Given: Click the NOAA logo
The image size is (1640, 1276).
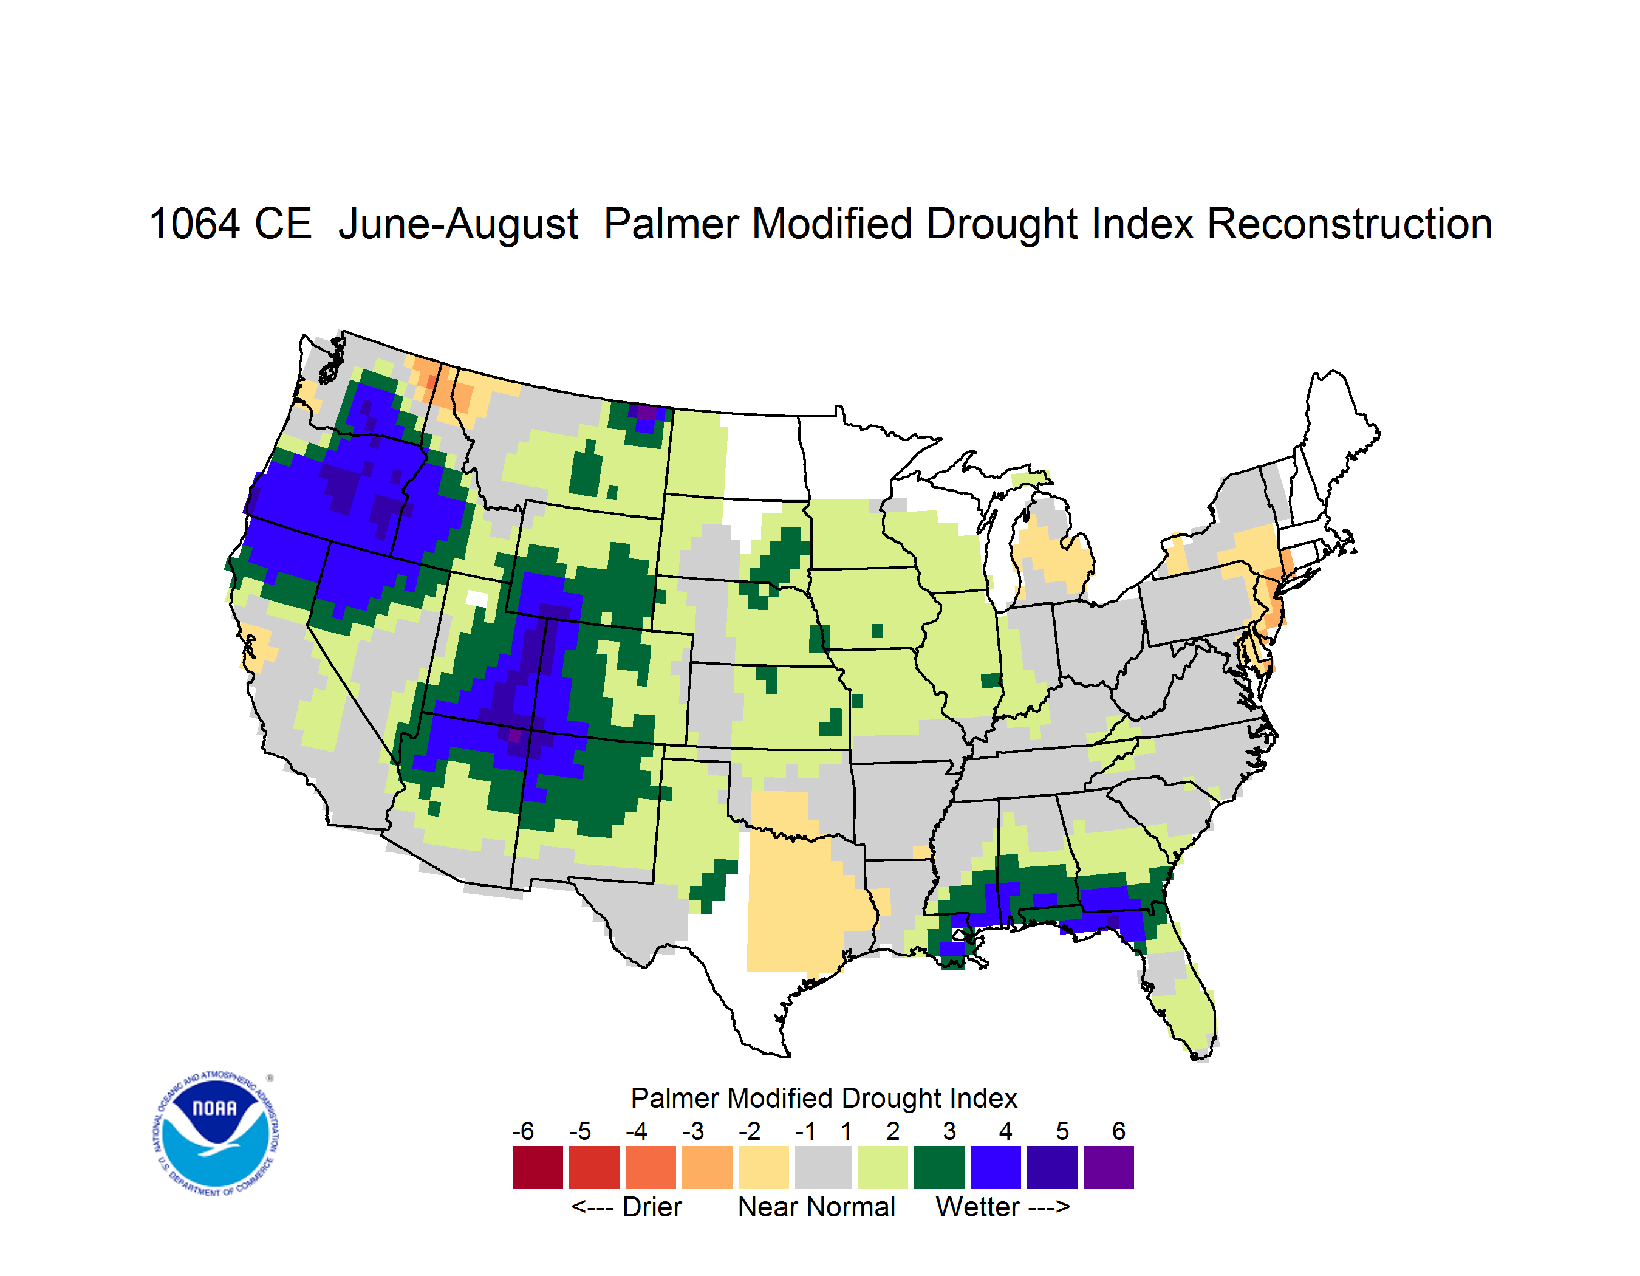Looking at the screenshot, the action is point(216,1133).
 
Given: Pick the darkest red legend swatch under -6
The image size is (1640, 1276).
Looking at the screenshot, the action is point(538,1167).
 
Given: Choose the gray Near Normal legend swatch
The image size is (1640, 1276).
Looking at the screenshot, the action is point(823,1167).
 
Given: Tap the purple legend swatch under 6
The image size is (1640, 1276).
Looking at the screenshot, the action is point(1109,1167).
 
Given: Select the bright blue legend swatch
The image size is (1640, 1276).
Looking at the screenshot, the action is point(996,1167).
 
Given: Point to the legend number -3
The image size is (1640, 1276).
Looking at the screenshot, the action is point(692,1130).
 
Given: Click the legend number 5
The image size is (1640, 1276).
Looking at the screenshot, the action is point(1062,1130).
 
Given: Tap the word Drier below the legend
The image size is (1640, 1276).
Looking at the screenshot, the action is point(652,1207).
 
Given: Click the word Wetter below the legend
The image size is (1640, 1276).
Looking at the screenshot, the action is point(978,1207).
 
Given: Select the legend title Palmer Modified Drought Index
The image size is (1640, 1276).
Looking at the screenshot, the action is point(824,1098).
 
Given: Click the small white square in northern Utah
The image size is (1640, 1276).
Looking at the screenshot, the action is point(477,599).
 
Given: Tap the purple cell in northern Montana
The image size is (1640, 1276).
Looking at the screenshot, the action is point(646,411).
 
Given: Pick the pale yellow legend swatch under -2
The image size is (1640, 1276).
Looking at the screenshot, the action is point(764,1167).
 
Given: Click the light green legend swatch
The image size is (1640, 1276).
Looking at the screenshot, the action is point(883,1167).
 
